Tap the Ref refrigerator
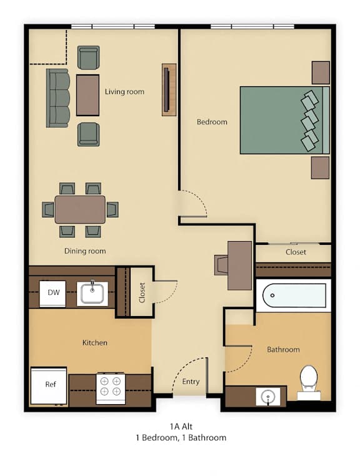tap(49, 385)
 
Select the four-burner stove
tap(111, 389)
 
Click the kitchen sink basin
tap(92, 294)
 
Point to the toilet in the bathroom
tap(309, 382)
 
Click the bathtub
tap(294, 295)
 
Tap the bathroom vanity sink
tap(268, 396)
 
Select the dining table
tap(80, 209)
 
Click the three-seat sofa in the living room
tap(57, 97)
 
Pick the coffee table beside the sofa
tap(87, 95)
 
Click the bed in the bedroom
tap(284, 120)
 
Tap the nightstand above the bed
tap(321, 72)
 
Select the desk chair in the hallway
tap(221, 265)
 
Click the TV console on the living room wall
tap(169, 89)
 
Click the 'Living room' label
tap(124, 92)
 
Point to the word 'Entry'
tap(191, 382)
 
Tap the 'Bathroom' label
tap(283, 349)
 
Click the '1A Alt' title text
tap(181, 427)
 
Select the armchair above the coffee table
tap(88, 57)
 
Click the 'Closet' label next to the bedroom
tap(296, 252)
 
